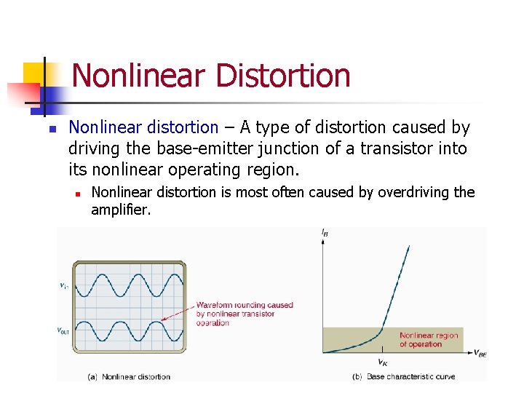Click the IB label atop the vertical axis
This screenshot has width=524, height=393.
(x=324, y=232)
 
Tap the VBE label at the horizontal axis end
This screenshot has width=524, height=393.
(x=480, y=354)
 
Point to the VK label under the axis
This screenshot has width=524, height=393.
(x=382, y=362)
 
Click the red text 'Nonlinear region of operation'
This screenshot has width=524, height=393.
(x=429, y=340)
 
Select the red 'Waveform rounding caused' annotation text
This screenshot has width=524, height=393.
(x=245, y=306)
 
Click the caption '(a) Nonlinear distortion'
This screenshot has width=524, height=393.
(x=129, y=376)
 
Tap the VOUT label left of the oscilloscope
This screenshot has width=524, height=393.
(x=65, y=331)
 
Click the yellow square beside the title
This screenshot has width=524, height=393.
(x=33, y=73)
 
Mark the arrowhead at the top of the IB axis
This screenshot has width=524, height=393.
(x=323, y=240)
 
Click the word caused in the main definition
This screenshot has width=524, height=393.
(x=420, y=127)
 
